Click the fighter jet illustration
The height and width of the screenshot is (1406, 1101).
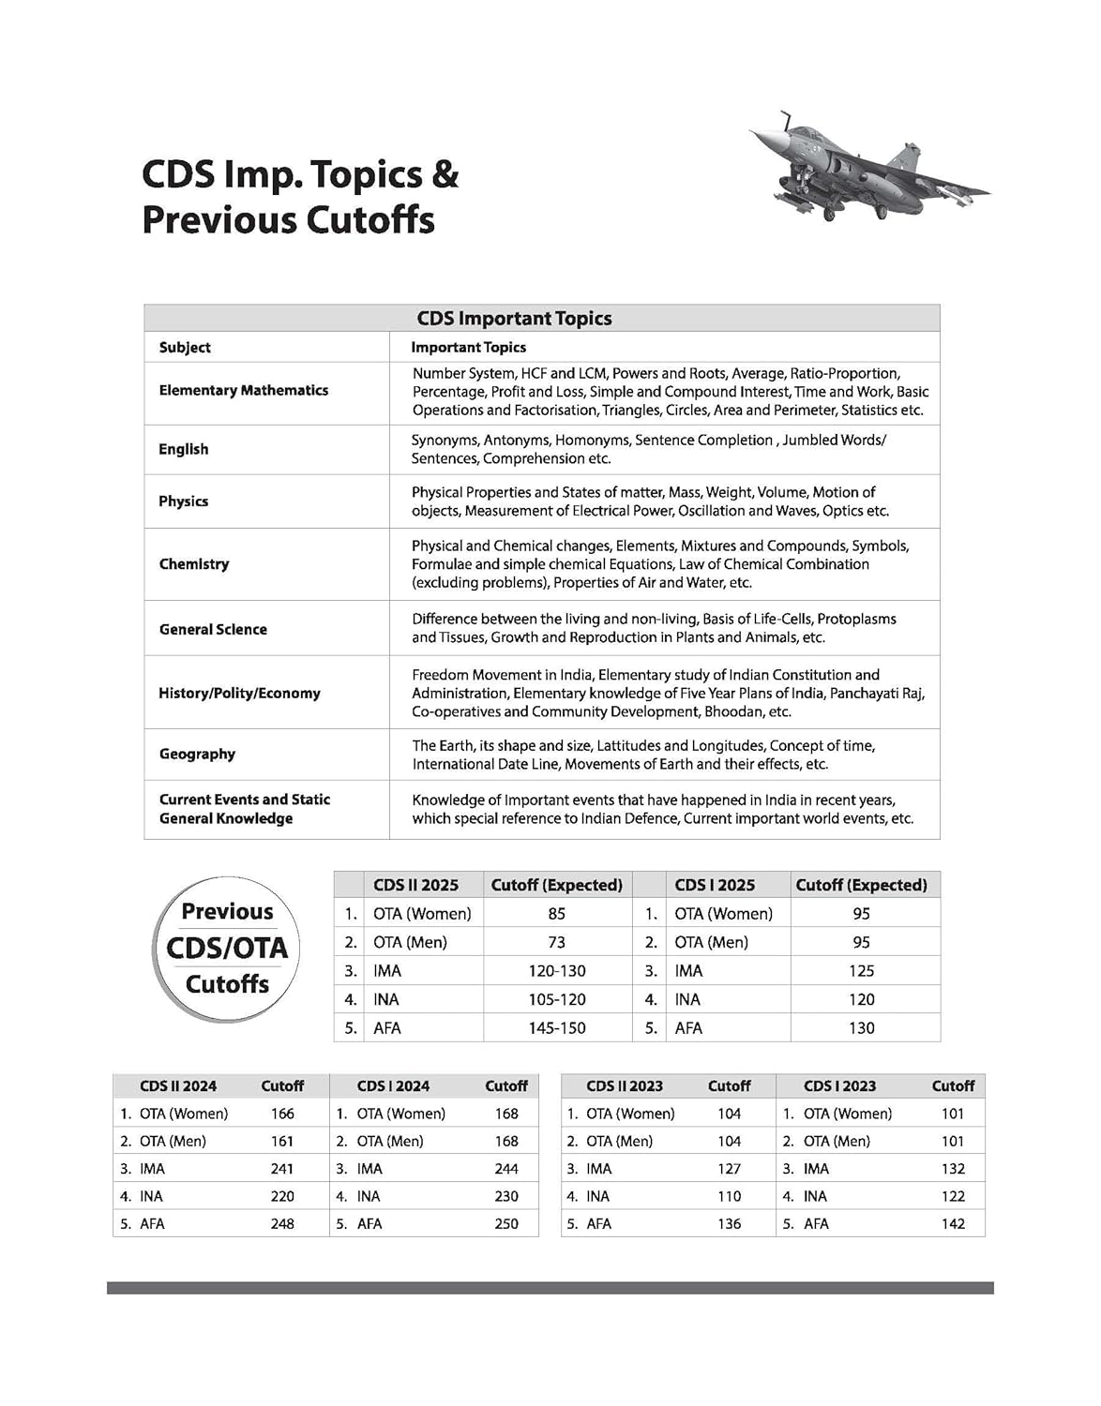click(x=868, y=170)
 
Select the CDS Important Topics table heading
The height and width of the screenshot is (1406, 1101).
click(x=514, y=319)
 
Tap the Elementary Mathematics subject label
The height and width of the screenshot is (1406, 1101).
click(x=244, y=390)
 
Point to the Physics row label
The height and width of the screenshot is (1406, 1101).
click(x=184, y=501)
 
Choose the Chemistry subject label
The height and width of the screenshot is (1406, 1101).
click(x=194, y=564)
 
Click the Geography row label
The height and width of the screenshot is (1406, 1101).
click(x=197, y=754)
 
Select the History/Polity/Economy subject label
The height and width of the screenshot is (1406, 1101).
click(x=239, y=693)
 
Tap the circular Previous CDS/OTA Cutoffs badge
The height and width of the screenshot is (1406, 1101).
click(x=227, y=949)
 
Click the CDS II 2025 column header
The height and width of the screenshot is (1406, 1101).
click(x=415, y=885)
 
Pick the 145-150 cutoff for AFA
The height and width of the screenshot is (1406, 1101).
click(x=557, y=1028)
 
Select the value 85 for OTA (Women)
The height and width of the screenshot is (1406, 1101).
click(x=557, y=914)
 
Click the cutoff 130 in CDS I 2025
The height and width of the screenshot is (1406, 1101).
click(x=861, y=1028)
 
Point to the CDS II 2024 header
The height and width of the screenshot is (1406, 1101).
click(x=178, y=1086)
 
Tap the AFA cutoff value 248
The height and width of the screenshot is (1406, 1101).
click(x=282, y=1224)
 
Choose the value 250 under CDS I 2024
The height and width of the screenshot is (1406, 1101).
click(x=506, y=1224)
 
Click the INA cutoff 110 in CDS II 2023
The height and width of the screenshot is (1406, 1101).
click(x=729, y=1197)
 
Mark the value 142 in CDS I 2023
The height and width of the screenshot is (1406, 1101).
click(x=953, y=1224)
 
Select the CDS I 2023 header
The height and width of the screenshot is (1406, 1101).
click(x=839, y=1086)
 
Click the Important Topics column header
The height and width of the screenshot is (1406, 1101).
click(x=468, y=348)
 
